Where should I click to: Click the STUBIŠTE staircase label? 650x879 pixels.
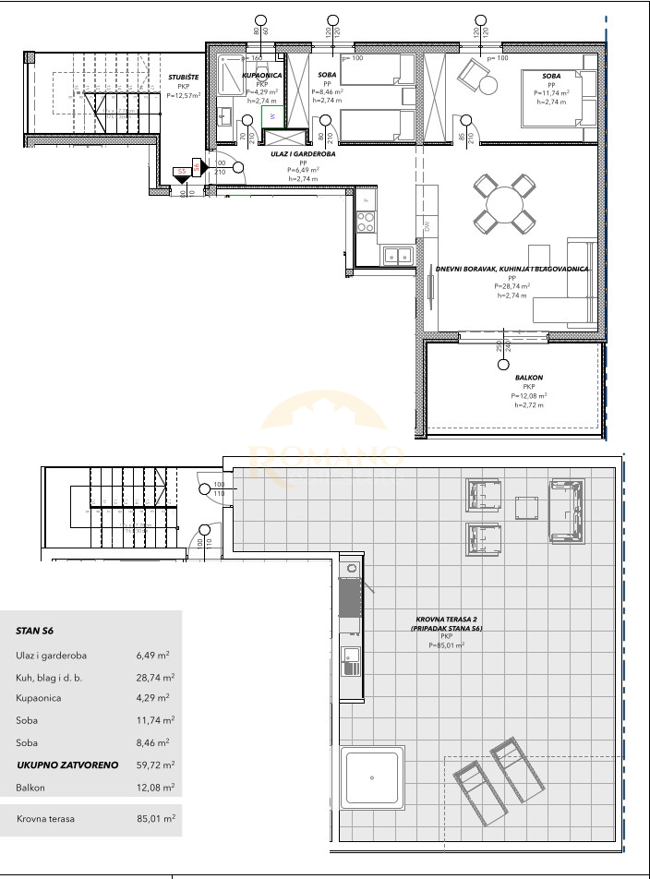click(178, 78)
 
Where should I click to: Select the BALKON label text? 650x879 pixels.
click(530, 378)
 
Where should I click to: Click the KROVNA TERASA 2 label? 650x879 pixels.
click(448, 620)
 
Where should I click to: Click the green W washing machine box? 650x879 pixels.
click(273, 117)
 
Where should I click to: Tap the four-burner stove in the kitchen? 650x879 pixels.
click(366, 223)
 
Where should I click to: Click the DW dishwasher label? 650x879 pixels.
click(427, 224)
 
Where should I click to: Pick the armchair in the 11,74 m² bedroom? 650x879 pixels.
click(479, 77)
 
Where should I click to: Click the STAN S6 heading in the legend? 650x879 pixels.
click(35, 632)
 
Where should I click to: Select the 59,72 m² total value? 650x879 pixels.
click(155, 765)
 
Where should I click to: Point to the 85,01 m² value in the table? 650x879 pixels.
click(155, 818)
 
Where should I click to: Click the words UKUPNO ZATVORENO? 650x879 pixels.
click(58, 765)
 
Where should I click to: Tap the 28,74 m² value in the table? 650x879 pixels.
click(155, 677)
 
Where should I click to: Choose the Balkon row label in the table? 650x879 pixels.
click(31, 788)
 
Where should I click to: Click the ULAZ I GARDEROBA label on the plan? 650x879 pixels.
click(302, 154)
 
